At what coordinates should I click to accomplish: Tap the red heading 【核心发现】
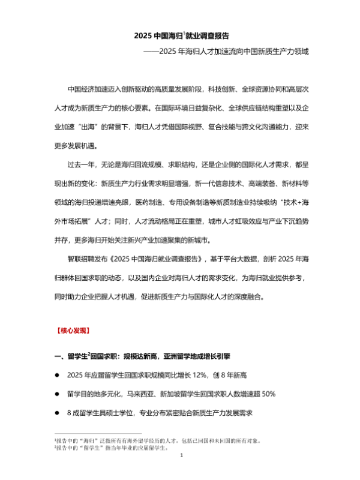[x=71, y=330]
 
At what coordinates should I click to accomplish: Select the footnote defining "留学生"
[x=111, y=448]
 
